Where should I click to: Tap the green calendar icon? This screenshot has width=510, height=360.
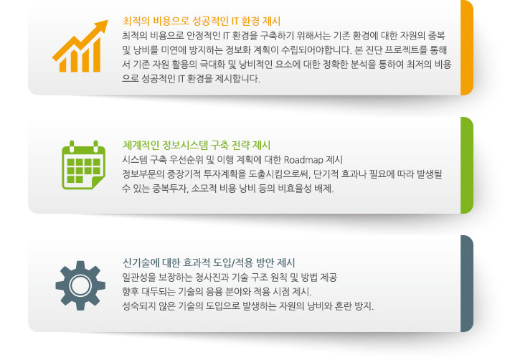(82, 166)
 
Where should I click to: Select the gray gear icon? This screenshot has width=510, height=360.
(80, 285)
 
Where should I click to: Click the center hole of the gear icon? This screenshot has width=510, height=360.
(80, 285)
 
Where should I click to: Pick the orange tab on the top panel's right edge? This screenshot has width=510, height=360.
(466, 47)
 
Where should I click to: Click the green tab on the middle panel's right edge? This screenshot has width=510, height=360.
(466, 165)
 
